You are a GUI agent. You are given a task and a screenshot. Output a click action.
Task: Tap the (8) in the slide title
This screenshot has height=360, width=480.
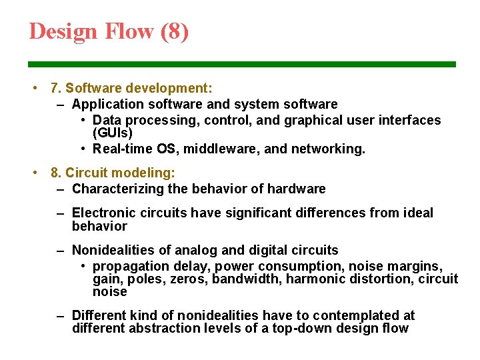(x=175, y=31)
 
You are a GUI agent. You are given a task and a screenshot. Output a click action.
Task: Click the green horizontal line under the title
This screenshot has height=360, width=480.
(x=241, y=65)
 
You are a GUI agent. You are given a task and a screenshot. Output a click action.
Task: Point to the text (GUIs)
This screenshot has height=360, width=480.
(x=113, y=133)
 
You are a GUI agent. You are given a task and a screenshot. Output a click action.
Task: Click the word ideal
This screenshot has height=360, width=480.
(x=418, y=213)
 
